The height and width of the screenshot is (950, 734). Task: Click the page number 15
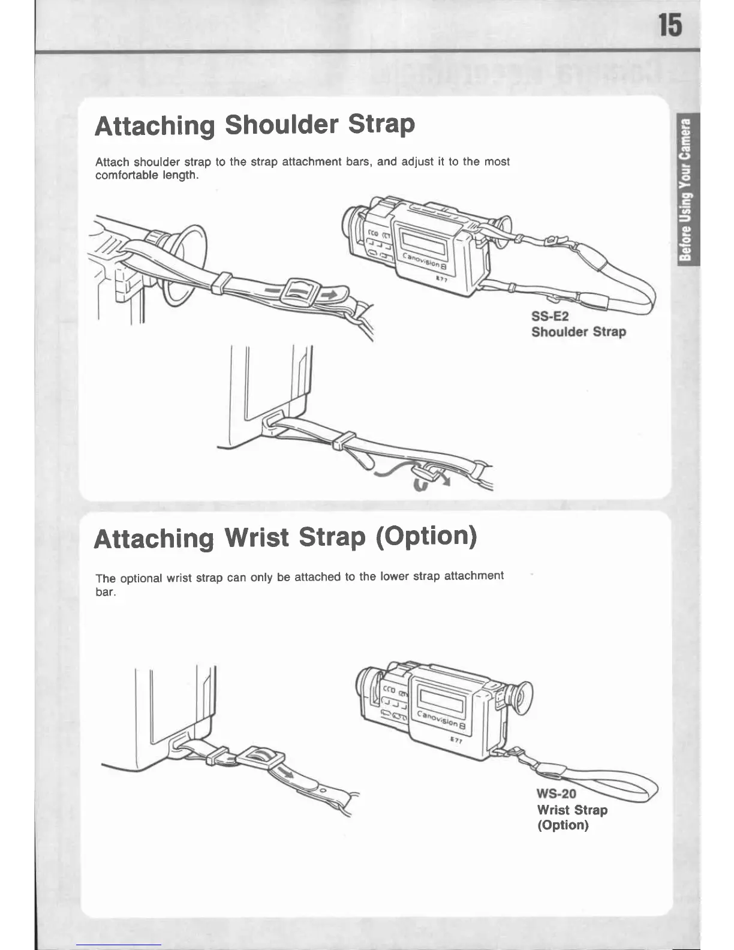[x=670, y=26]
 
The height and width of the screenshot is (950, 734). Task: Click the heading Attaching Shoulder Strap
[x=255, y=125]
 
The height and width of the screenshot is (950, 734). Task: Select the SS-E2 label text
[x=549, y=316]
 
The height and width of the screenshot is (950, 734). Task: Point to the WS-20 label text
[x=556, y=793]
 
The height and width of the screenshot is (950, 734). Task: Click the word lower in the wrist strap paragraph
[x=395, y=576]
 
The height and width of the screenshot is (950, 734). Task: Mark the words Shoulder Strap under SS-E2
[x=578, y=332]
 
